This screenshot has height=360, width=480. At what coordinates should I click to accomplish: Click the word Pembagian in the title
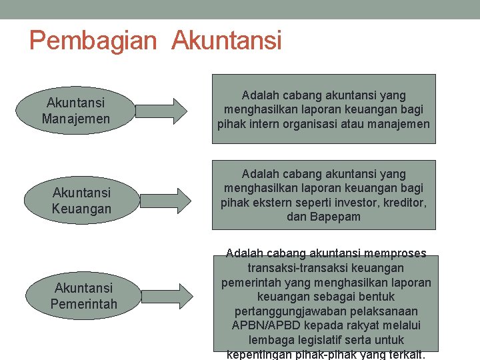(93, 41)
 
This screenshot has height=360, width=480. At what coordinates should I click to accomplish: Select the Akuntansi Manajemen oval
(75, 111)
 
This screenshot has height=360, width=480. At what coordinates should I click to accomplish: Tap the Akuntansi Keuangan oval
(81, 201)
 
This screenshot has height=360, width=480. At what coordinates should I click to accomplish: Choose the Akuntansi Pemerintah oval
(83, 296)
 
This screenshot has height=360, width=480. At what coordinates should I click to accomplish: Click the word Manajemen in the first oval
(75, 119)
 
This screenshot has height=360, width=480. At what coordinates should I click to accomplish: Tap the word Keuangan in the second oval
(81, 209)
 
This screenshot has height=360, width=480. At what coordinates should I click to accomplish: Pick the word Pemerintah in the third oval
(83, 305)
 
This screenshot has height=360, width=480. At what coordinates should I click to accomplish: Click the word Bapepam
(335, 217)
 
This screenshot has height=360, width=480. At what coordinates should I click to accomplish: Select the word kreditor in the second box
(407, 203)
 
